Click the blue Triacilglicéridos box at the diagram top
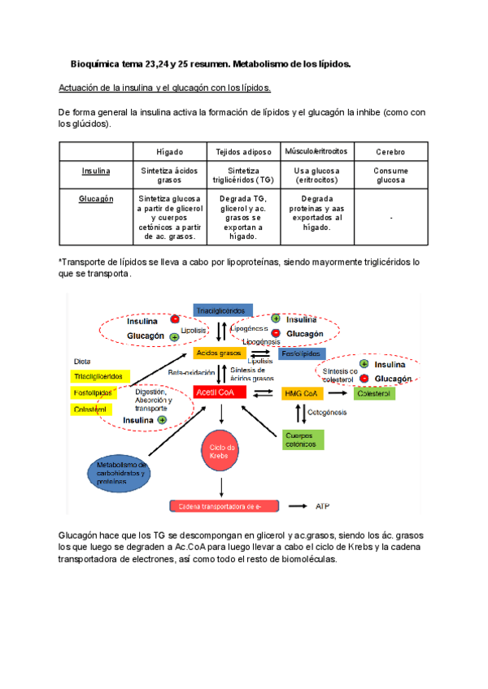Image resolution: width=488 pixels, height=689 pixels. [x=222, y=310]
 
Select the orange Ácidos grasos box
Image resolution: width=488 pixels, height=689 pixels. [x=219, y=354]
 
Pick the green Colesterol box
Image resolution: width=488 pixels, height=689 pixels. [x=374, y=393]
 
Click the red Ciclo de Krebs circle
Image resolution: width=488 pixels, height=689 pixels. [x=221, y=453]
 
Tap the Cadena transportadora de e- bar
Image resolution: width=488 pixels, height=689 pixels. [x=228, y=506]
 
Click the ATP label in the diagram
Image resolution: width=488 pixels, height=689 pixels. [x=323, y=506]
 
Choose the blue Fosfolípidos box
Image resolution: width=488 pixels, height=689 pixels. [x=302, y=354]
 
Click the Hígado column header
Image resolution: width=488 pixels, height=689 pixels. [x=169, y=152]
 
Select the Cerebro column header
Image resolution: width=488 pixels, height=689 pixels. [x=390, y=152]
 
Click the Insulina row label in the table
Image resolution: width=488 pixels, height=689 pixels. [x=97, y=171]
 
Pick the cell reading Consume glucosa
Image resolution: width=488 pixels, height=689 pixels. [x=390, y=175]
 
